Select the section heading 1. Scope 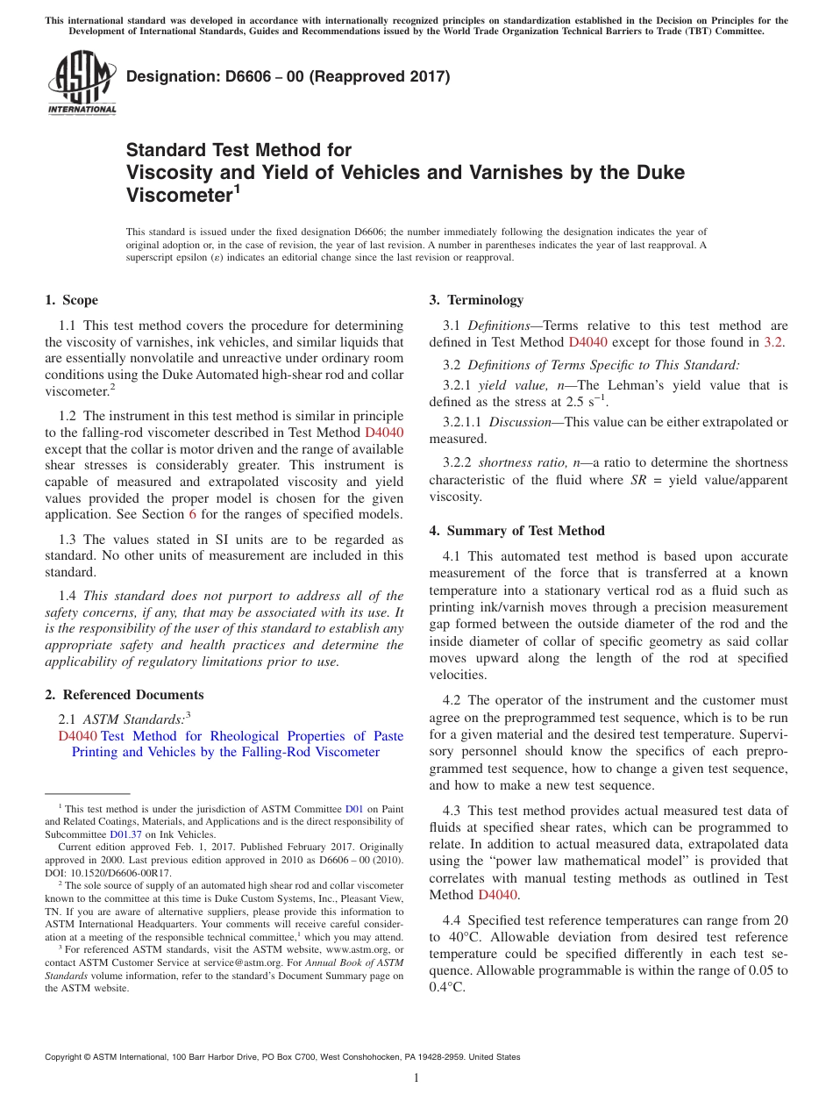pos(71,300)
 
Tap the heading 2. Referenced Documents pos(124,695)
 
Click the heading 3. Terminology pos(475,300)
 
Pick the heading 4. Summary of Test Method pos(516,531)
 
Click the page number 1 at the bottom pos(416,1077)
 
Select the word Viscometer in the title pos(179,195)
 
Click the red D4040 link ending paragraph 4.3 pos(497,895)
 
